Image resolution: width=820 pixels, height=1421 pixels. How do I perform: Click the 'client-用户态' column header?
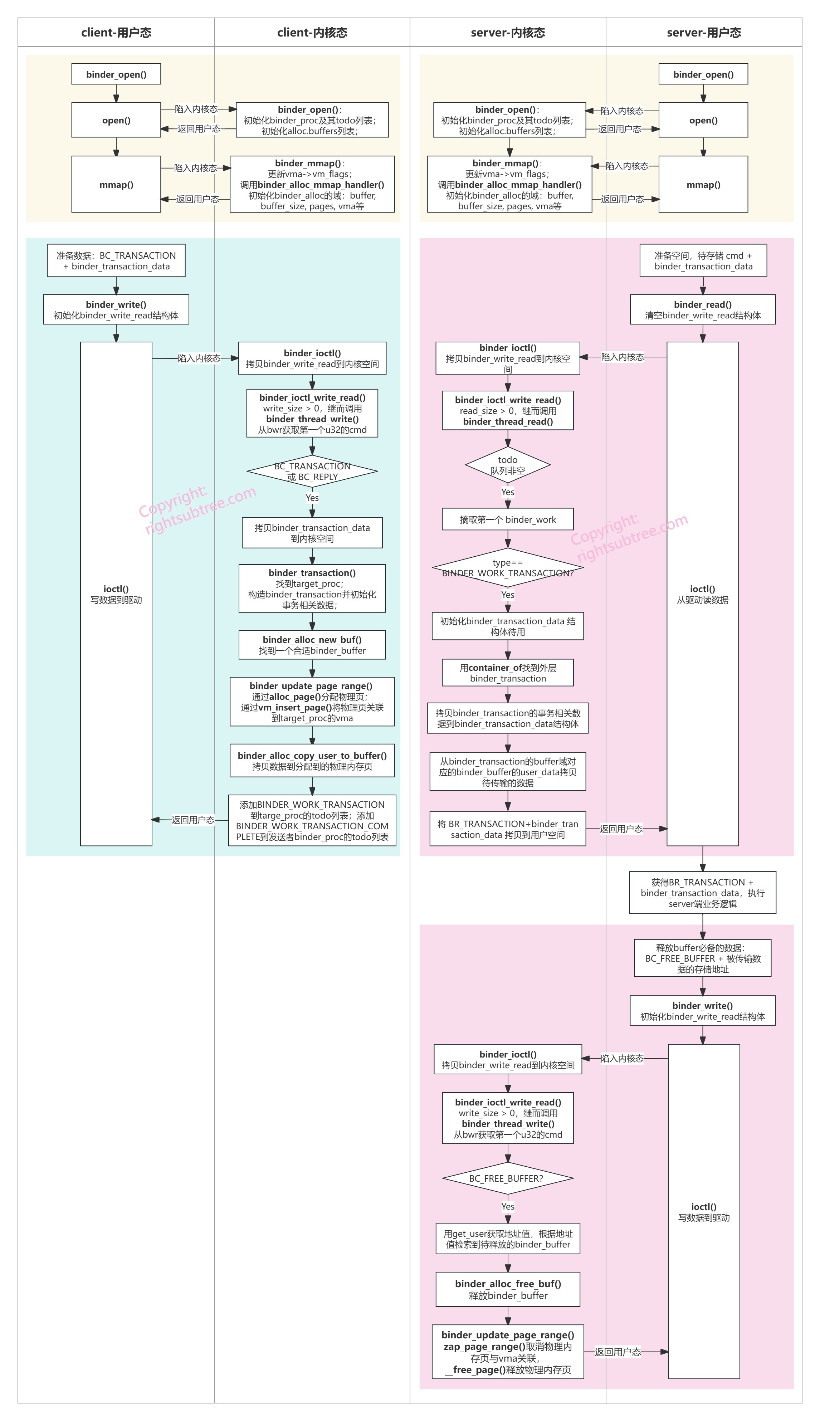116,33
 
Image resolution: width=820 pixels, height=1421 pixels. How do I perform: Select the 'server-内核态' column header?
508,33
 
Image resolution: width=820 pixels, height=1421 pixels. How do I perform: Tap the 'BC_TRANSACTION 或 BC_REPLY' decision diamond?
312,471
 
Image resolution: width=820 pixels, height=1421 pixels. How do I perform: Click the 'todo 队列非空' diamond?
507,465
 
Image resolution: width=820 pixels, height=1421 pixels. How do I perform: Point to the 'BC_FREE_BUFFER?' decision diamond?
507,1178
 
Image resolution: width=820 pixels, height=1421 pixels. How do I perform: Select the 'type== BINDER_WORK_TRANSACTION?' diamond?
507,567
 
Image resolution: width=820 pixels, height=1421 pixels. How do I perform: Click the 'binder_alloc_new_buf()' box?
312,645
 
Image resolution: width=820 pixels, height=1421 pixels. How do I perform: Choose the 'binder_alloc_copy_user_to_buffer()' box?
312,761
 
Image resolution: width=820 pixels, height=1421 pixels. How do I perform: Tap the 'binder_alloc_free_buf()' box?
507,1289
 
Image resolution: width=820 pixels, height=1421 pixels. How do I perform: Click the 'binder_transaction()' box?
312,589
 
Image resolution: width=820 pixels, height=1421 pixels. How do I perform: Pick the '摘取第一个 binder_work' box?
507,519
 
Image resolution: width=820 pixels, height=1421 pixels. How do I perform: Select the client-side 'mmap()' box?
116,184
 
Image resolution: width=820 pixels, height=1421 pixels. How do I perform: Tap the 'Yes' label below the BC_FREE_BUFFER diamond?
507,1206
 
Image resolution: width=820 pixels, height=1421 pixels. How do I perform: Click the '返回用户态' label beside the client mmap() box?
197,199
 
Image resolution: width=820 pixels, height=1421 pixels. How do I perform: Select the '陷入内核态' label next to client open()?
196,109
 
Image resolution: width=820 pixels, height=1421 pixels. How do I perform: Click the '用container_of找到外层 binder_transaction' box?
507,673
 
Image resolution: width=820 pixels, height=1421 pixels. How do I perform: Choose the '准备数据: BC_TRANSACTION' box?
116,261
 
